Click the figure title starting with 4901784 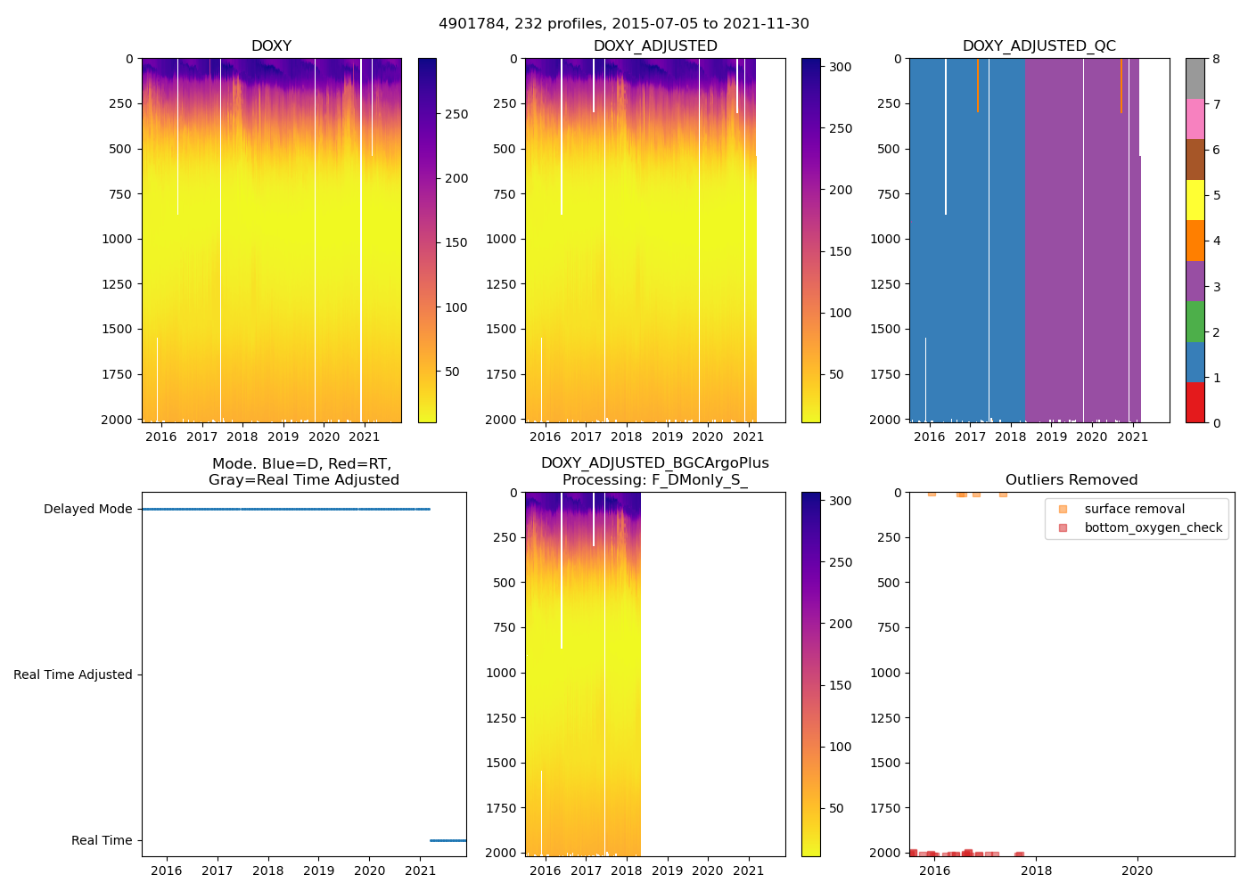point(623,24)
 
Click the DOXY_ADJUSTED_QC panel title point(1039,45)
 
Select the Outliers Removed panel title point(1071,479)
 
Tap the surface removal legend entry point(1134,509)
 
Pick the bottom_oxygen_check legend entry point(1153,527)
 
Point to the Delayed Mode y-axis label point(87,509)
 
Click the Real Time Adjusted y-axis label point(72,674)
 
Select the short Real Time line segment point(447,840)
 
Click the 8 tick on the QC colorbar point(1216,59)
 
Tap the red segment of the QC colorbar point(1195,403)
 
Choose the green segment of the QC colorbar point(1195,322)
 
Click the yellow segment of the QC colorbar point(1195,200)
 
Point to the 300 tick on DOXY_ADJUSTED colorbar point(840,67)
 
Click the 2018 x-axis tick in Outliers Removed point(1036,871)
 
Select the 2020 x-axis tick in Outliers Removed point(1137,871)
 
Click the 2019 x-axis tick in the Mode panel point(319,871)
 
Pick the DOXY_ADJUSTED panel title point(655,45)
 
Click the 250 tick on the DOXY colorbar point(456,114)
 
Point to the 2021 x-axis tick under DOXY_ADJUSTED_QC point(1132,437)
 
